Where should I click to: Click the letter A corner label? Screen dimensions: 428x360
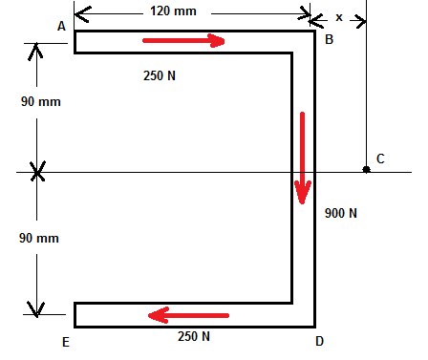(61, 27)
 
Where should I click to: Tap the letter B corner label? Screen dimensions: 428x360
(329, 39)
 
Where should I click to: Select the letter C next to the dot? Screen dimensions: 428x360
(380, 159)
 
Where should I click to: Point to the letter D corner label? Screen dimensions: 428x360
(320, 340)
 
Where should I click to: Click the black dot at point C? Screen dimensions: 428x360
(366, 170)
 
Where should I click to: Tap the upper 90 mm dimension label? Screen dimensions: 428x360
(39, 101)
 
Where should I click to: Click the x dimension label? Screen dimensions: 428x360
(339, 17)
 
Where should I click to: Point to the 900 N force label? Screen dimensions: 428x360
(340, 213)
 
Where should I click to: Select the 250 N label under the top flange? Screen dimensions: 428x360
(160, 75)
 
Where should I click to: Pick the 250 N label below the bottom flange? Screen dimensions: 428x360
(194, 336)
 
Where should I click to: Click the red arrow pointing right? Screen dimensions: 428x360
(183, 41)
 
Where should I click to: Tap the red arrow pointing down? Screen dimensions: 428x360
(303, 158)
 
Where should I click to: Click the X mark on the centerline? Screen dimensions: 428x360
(37, 172)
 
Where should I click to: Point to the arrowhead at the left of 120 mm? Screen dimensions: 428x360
(79, 13)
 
